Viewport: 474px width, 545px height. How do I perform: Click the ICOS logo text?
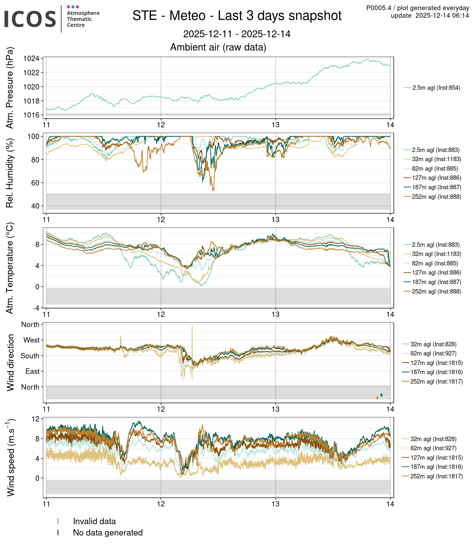[x=30, y=19]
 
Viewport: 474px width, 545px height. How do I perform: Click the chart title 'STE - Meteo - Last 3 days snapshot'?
[x=237, y=16]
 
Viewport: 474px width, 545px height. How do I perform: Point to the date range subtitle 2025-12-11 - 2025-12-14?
[x=237, y=34]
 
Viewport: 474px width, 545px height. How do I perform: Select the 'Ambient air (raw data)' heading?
[x=218, y=47]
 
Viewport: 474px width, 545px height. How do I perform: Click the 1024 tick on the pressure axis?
[x=31, y=59]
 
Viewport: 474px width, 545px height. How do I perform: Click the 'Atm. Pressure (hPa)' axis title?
[x=10, y=88]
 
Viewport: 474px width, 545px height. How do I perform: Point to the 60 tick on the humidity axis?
[x=35, y=183]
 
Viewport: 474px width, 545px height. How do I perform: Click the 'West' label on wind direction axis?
[x=32, y=340]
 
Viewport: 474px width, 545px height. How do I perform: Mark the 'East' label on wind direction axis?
[x=33, y=372]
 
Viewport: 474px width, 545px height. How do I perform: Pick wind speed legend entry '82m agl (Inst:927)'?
[x=433, y=448]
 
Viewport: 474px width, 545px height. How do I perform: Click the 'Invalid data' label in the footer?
[x=94, y=521]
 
